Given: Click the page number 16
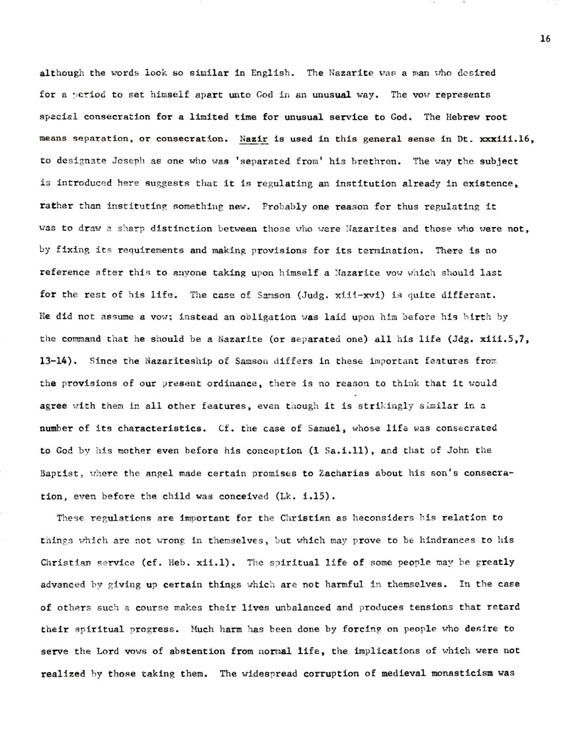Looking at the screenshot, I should (x=545, y=39).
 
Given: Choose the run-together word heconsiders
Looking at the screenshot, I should (x=368, y=518).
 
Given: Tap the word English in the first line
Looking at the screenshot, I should (x=266, y=73).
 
